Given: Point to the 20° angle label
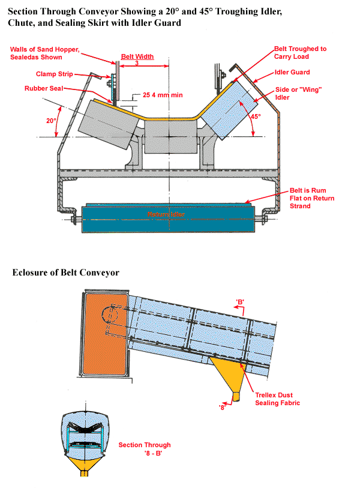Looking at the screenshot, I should pos(52,120).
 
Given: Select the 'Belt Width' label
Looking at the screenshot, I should pos(137,57).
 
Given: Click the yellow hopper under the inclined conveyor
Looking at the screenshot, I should pos(231,375).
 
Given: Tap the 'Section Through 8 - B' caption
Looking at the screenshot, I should pos(144,449).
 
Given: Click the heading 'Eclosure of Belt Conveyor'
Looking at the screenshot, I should pos(66,273).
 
